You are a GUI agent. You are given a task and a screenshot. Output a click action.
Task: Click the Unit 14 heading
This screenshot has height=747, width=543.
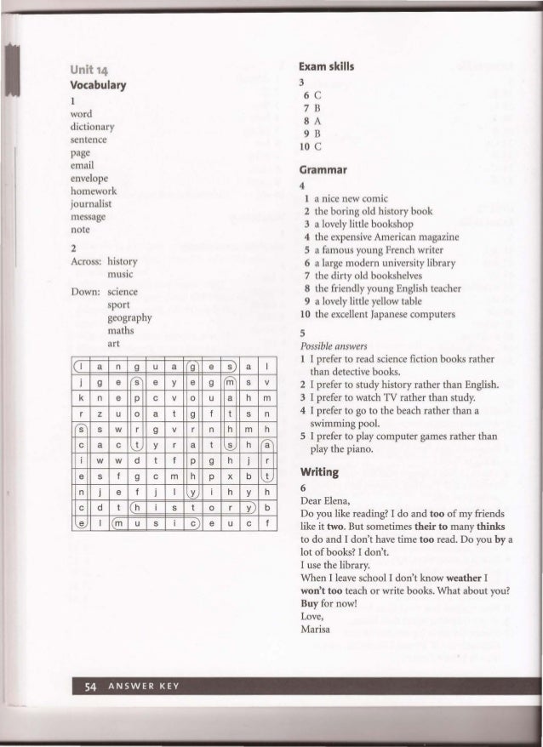coord(90,70)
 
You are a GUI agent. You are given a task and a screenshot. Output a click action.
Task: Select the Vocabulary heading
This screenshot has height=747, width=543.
coord(100,85)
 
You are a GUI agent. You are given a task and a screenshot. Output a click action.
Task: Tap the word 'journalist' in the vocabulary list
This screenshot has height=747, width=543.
coord(91,205)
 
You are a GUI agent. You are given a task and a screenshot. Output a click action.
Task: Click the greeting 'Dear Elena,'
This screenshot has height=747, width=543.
coord(327,502)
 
